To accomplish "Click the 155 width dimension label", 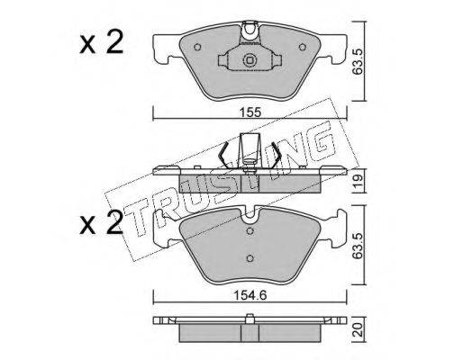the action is tap(250, 112).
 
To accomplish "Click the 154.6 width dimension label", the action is tap(250, 296).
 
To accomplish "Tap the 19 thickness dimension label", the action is tap(358, 181).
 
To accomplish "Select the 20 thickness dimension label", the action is tap(358, 329).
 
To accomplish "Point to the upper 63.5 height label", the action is tap(358, 62).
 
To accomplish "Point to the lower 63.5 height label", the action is tap(358, 245).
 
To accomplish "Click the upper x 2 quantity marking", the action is tap(102, 42).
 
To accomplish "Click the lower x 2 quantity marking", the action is tap(102, 222).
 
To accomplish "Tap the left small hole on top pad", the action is tap(197, 47).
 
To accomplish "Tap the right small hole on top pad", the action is tap(303, 47).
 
